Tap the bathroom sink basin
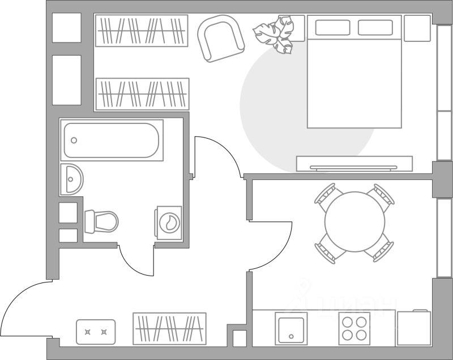[x=71, y=179]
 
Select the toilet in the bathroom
[x=102, y=221]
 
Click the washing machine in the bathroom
[x=169, y=222]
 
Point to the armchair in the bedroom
[x=221, y=38]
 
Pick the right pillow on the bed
[x=375, y=28]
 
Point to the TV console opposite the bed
[x=354, y=164]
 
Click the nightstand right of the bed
[x=418, y=28]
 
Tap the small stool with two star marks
[x=96, y=332]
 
